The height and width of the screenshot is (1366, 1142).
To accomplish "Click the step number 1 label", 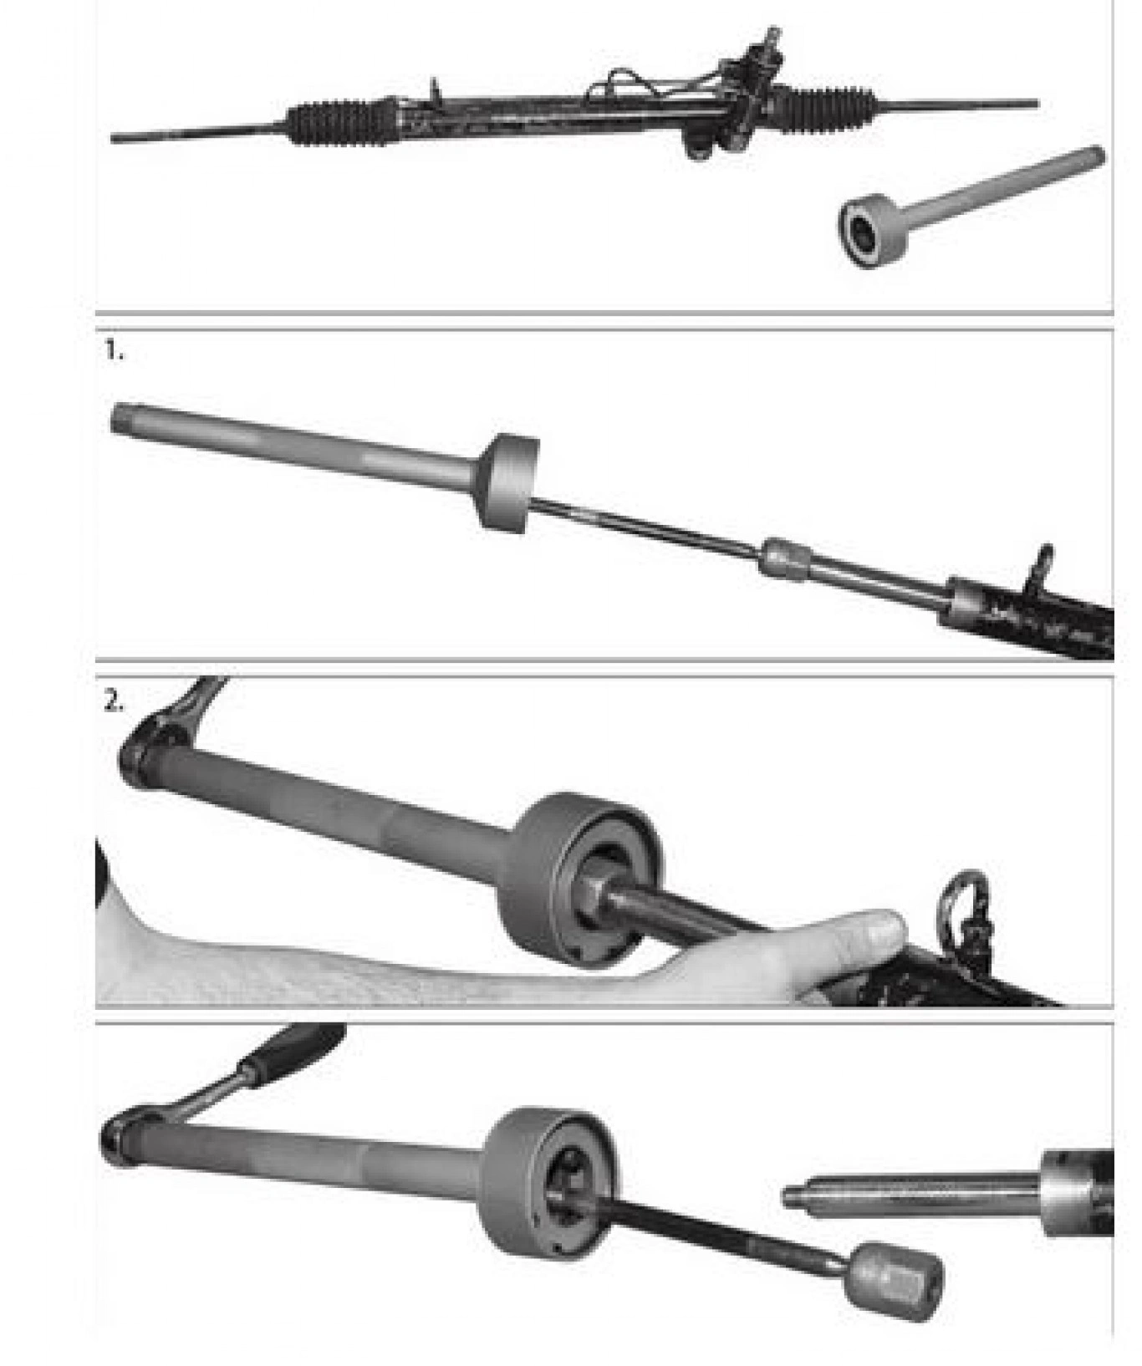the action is [114, 353].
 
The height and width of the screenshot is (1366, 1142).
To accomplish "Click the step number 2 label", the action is [115, 702].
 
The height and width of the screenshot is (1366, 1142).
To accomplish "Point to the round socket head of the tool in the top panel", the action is [874, 230].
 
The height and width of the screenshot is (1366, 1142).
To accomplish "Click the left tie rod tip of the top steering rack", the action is [115, 137].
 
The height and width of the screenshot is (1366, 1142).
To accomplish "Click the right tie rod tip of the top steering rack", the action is [1035, 104].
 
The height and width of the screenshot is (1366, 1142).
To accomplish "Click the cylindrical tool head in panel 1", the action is [507, 483].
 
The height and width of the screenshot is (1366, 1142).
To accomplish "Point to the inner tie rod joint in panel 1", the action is [786, 558].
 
